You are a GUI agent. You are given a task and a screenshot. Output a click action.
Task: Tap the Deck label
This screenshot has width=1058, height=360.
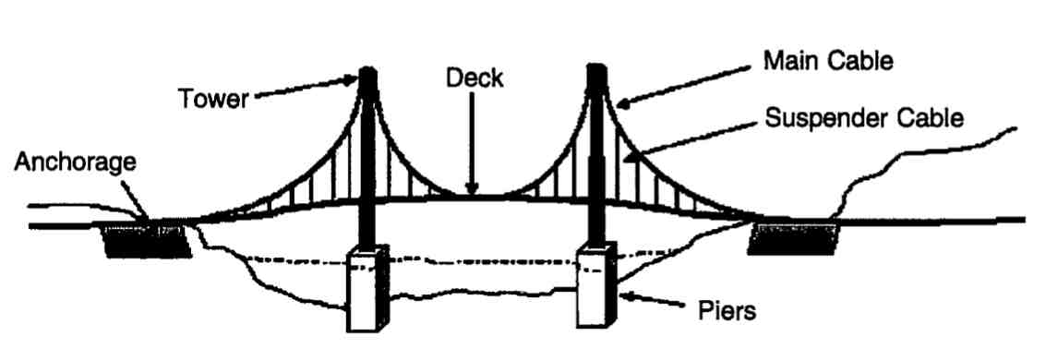point(475,79)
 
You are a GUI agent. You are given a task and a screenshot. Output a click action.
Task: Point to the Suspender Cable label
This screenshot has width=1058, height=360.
point(865,119)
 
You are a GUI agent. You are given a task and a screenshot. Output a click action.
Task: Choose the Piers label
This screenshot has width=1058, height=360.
point(725,310)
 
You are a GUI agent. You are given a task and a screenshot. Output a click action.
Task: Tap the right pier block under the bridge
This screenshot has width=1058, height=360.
point(595,286)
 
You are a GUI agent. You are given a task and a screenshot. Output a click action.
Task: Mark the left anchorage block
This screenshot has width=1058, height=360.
point(147,239)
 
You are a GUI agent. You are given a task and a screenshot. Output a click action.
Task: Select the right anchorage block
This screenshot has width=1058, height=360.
point(795,238)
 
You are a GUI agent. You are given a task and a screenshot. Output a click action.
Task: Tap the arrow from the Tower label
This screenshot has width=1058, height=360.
point(305,89)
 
